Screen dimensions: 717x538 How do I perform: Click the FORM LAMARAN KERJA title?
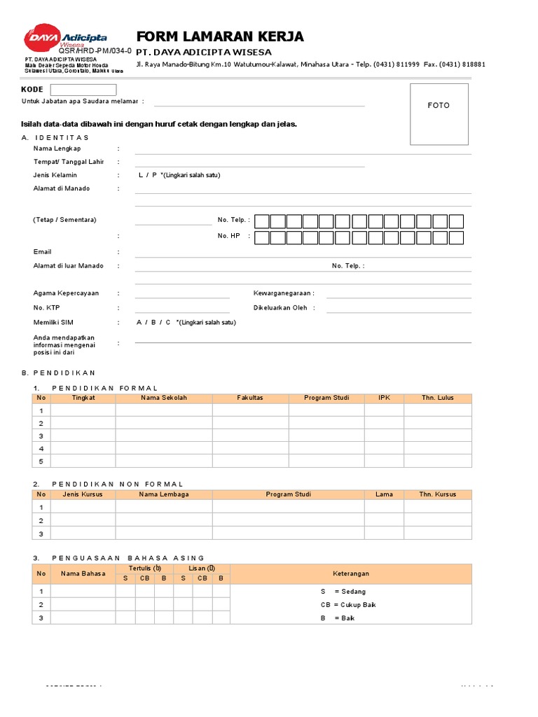click(219, 37)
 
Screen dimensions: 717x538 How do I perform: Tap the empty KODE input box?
click(83, 90)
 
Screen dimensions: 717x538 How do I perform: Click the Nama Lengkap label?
click(57, 148)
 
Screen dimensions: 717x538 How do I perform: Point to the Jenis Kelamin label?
click(55, 175)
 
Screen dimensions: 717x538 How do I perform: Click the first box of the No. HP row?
click(262, 237)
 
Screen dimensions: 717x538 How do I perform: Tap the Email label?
click(43, 251)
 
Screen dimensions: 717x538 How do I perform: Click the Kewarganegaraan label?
click(284, 293)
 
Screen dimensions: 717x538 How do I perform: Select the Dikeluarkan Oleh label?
click(280, 307)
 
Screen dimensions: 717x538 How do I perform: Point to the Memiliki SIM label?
click(53, 322)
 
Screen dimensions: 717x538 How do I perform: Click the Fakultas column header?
click(250, 398)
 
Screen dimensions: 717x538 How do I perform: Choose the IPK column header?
click(384, 398)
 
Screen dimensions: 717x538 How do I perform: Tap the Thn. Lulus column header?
click(438, 398)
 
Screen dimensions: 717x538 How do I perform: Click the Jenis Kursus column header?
click(83, 494)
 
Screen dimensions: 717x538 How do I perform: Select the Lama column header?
click(384, 494)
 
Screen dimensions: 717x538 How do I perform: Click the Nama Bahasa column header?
click(83, 574)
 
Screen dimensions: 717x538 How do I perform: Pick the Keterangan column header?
click(351, 574)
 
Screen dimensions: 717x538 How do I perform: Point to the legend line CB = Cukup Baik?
click(348, 604)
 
